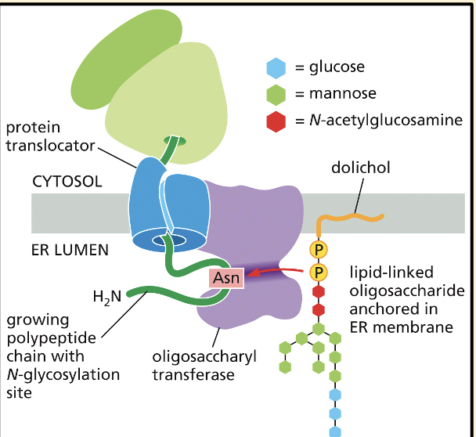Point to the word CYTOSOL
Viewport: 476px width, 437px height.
coord(66,179)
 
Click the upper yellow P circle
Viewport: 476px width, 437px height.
coord(318,251)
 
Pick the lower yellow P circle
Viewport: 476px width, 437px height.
coord(318,273)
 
